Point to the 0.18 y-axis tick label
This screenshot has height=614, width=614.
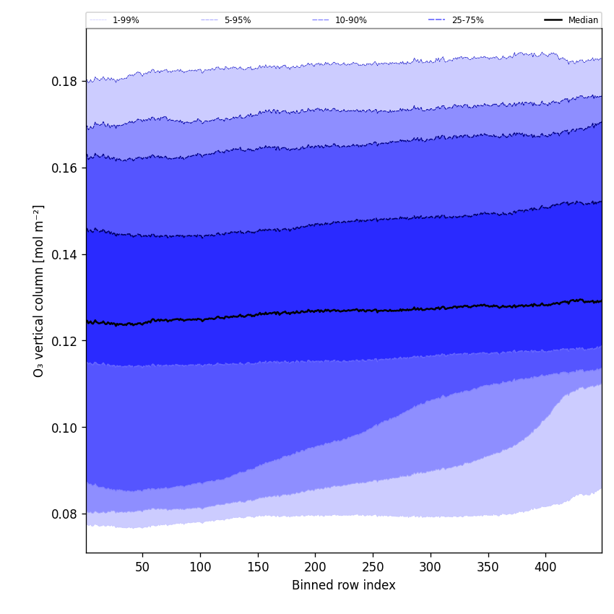tap(64, 82)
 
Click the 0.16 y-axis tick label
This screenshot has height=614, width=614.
tap(64, 168)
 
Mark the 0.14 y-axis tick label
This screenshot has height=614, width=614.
tap(64, 255)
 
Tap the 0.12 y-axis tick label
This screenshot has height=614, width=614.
tap(64, 341)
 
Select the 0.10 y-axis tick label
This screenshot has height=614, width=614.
tap(64, 428)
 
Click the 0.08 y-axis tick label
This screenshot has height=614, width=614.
tap(64, 514)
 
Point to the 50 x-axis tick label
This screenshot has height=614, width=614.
tap(142, 567)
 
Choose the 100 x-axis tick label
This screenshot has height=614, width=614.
tap(200, 567)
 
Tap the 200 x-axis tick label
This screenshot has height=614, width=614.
tap(315, 567)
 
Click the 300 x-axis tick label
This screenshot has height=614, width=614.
tap(431, 567)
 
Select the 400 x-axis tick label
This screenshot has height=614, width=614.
tap(545, 567)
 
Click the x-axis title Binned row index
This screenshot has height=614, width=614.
tap(344, 586)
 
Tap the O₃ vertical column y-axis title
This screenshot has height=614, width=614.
tap(39, 290)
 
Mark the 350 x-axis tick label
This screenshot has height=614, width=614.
tap(488, 567)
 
